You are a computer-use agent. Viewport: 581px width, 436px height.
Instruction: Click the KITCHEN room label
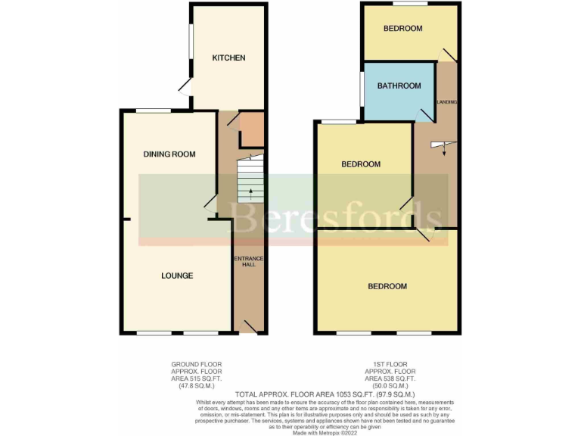(x=228, y=58)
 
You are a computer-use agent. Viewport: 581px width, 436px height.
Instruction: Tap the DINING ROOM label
(x=169, y=154)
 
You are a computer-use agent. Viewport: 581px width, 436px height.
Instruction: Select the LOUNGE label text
(x=176, y=276)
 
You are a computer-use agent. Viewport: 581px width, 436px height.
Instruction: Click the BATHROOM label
(x=399, y=86)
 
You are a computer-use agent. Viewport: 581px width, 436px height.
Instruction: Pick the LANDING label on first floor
(x=447, y=101)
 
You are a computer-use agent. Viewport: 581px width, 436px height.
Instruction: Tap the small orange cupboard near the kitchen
(x=250, y=129)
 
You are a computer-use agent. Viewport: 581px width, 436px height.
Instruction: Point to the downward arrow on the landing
(x=443, y=150)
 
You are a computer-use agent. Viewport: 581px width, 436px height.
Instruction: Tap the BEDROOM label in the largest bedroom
(x=387, y=286)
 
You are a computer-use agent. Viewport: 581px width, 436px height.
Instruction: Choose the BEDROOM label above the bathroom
(x=402, y=29)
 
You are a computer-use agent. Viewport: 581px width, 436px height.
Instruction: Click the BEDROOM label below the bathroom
(x=360, y=164)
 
